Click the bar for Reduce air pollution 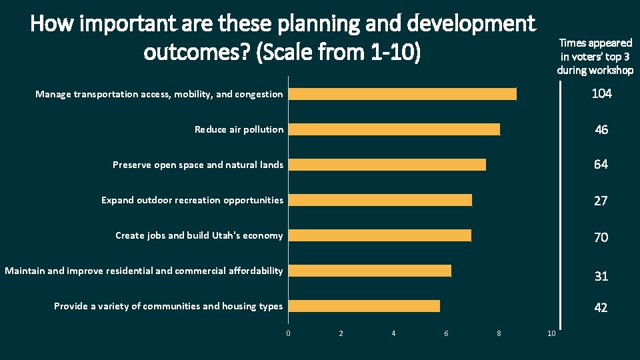click(x=395, y=129)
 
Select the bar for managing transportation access click(x=403, y=94)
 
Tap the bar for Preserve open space click(x=387, y=165)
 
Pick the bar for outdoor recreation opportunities click(x=381, y=200)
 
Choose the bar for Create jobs click(x=380, y=235)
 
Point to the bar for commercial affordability click(x=370, y=271)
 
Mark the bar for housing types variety click(x=365, y=306)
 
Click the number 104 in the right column click(x=601, y=94)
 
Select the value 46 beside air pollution click(x=601, y=130)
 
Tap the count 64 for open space click(x=601, y=165)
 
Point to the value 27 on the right click(x=601, y=201)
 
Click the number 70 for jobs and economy click(x=601, y=237)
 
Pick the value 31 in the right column click(x=601, y=275)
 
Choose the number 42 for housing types click(x=601, y=307)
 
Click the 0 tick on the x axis click(x=289, y=333)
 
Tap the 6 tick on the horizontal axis click(x=446, y=333)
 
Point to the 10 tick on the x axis click(x=551, y=333)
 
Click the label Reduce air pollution click(x=239, y=129)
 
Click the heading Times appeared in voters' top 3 click(x=595, y=56)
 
